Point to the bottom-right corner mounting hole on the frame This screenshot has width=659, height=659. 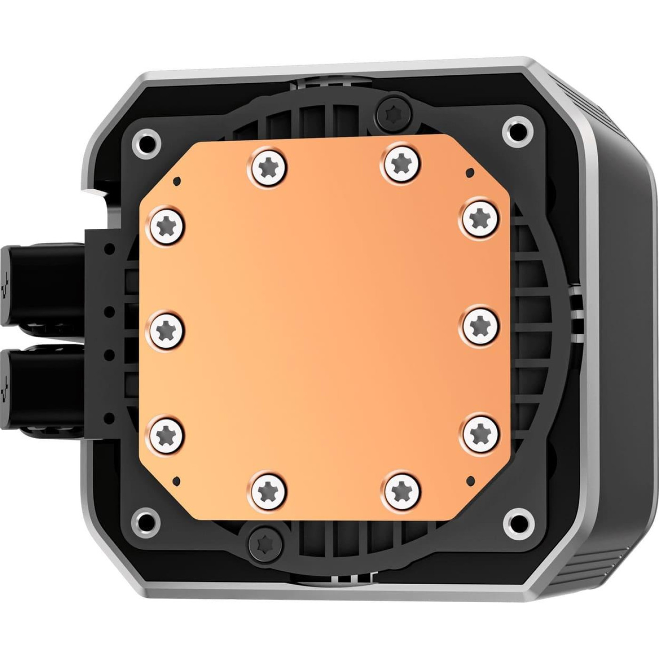(516, 519)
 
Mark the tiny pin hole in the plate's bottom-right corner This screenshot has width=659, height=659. (468, 480)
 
